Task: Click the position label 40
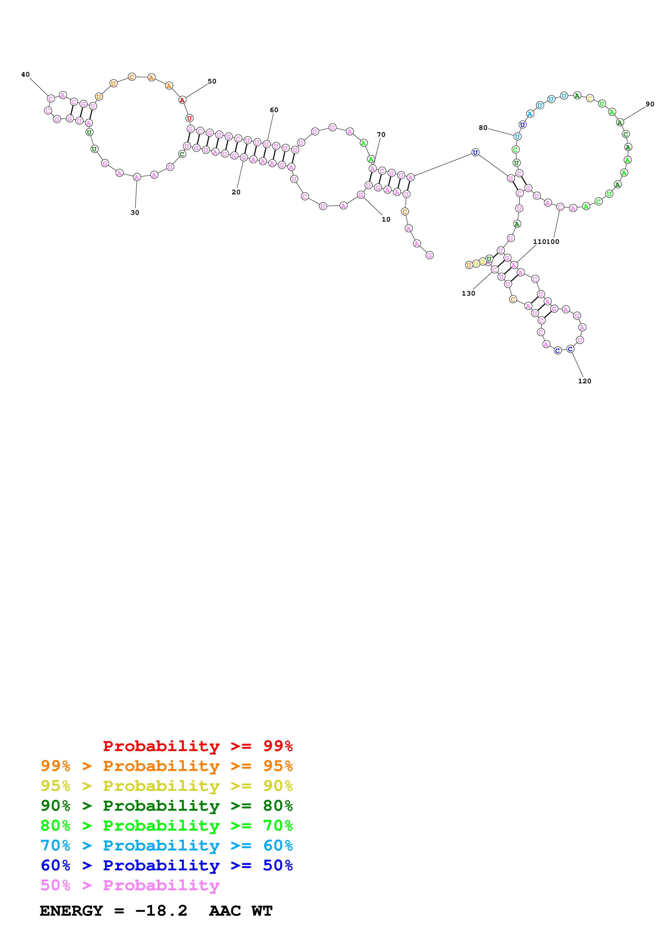pyautogui.click(x=25, y=74)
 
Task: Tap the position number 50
pyautogui.click(x=212, y=81)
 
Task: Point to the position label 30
pyautogui.click(x=135, y=213)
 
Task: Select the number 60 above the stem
pyautogui.click(x=274, y=110)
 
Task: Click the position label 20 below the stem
pyautogui.click(x=236, y=192)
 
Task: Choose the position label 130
pyautogui.click(x=468, y=294)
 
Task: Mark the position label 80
pyautogui.click(x=483, y=128)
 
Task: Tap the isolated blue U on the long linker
pyautogui.click(x=475, y=153)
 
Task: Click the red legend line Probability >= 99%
pyautogui.click(x=197, y=746)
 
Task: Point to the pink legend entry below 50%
pyautogui.click(x=130, y=885)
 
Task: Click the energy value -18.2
pyautogui.click(x=161, y=911)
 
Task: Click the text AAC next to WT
pyautogui.click(x=225, y=911)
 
